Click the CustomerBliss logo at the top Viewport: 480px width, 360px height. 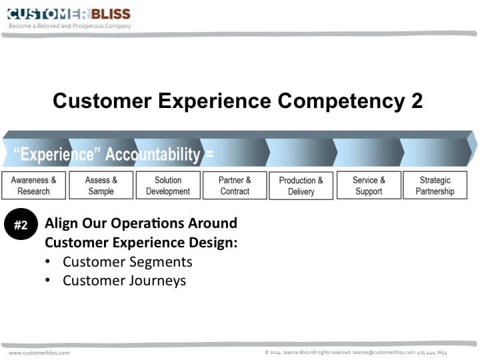[x=69, y=14]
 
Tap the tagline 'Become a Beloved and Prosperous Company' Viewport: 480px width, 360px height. [x=70, y=26]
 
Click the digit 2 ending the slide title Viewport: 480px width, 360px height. [x=417, y=101]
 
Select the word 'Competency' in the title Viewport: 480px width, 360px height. [x=341, y=101]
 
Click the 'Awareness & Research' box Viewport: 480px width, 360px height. [x=34, y=185]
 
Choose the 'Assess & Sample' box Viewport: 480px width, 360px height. [x=101, y=185]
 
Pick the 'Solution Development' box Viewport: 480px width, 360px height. [x=168, y=185]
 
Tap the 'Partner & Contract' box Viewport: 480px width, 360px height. [x=235, y=185]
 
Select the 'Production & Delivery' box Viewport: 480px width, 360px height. [x=301, y=186]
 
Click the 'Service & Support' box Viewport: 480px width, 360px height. [x=369, y=185]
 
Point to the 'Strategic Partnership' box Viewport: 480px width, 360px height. [x=435, y=185]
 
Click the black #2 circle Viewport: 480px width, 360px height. [x=21, y=224]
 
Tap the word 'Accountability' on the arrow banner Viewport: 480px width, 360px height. [x=153, y=154]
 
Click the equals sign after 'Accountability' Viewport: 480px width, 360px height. [x=209, y=154]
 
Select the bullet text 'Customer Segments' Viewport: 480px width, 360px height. [x=127, y=262]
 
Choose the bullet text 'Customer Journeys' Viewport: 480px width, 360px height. [x=124, y=281]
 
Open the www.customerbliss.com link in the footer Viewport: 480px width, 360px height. [x=39, y=353]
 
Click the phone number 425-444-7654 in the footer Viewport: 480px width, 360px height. [x=432, y=353]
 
